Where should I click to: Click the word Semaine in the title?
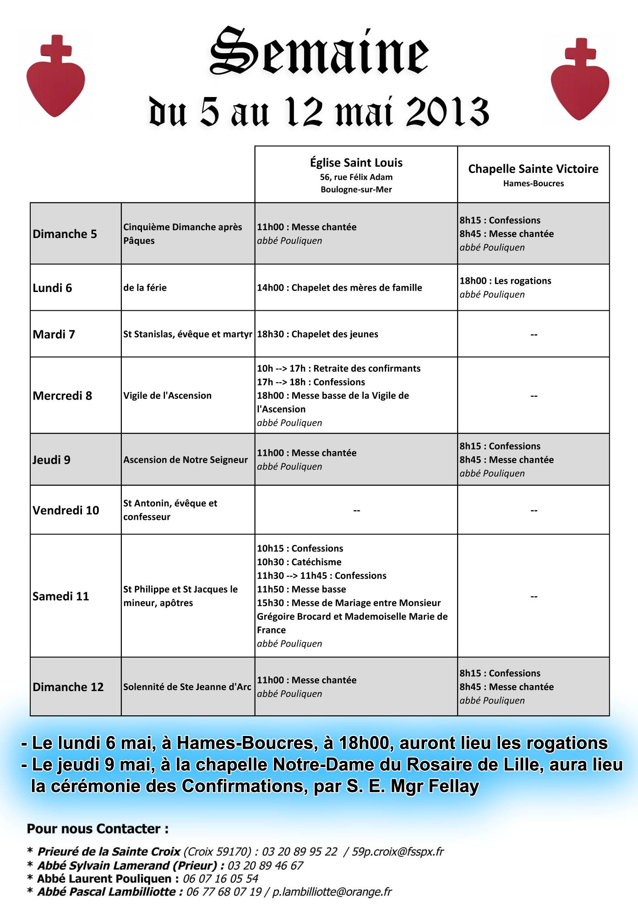[319, 52]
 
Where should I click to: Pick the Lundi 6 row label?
[52, 288]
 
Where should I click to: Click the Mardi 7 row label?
[54, 335]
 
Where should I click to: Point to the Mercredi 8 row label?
[62, 395]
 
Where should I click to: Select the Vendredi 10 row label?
[65, 510]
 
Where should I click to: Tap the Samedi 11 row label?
[60, 596]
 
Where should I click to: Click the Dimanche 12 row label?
[68, 687]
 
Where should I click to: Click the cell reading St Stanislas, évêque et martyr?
[187, 334]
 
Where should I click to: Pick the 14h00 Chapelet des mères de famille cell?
[339, 288]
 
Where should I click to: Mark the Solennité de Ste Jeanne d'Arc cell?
[187, 687]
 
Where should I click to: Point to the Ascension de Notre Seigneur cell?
[185, 460]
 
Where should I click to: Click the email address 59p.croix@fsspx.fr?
[398, 852]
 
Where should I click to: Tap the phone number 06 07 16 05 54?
[220, 879]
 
